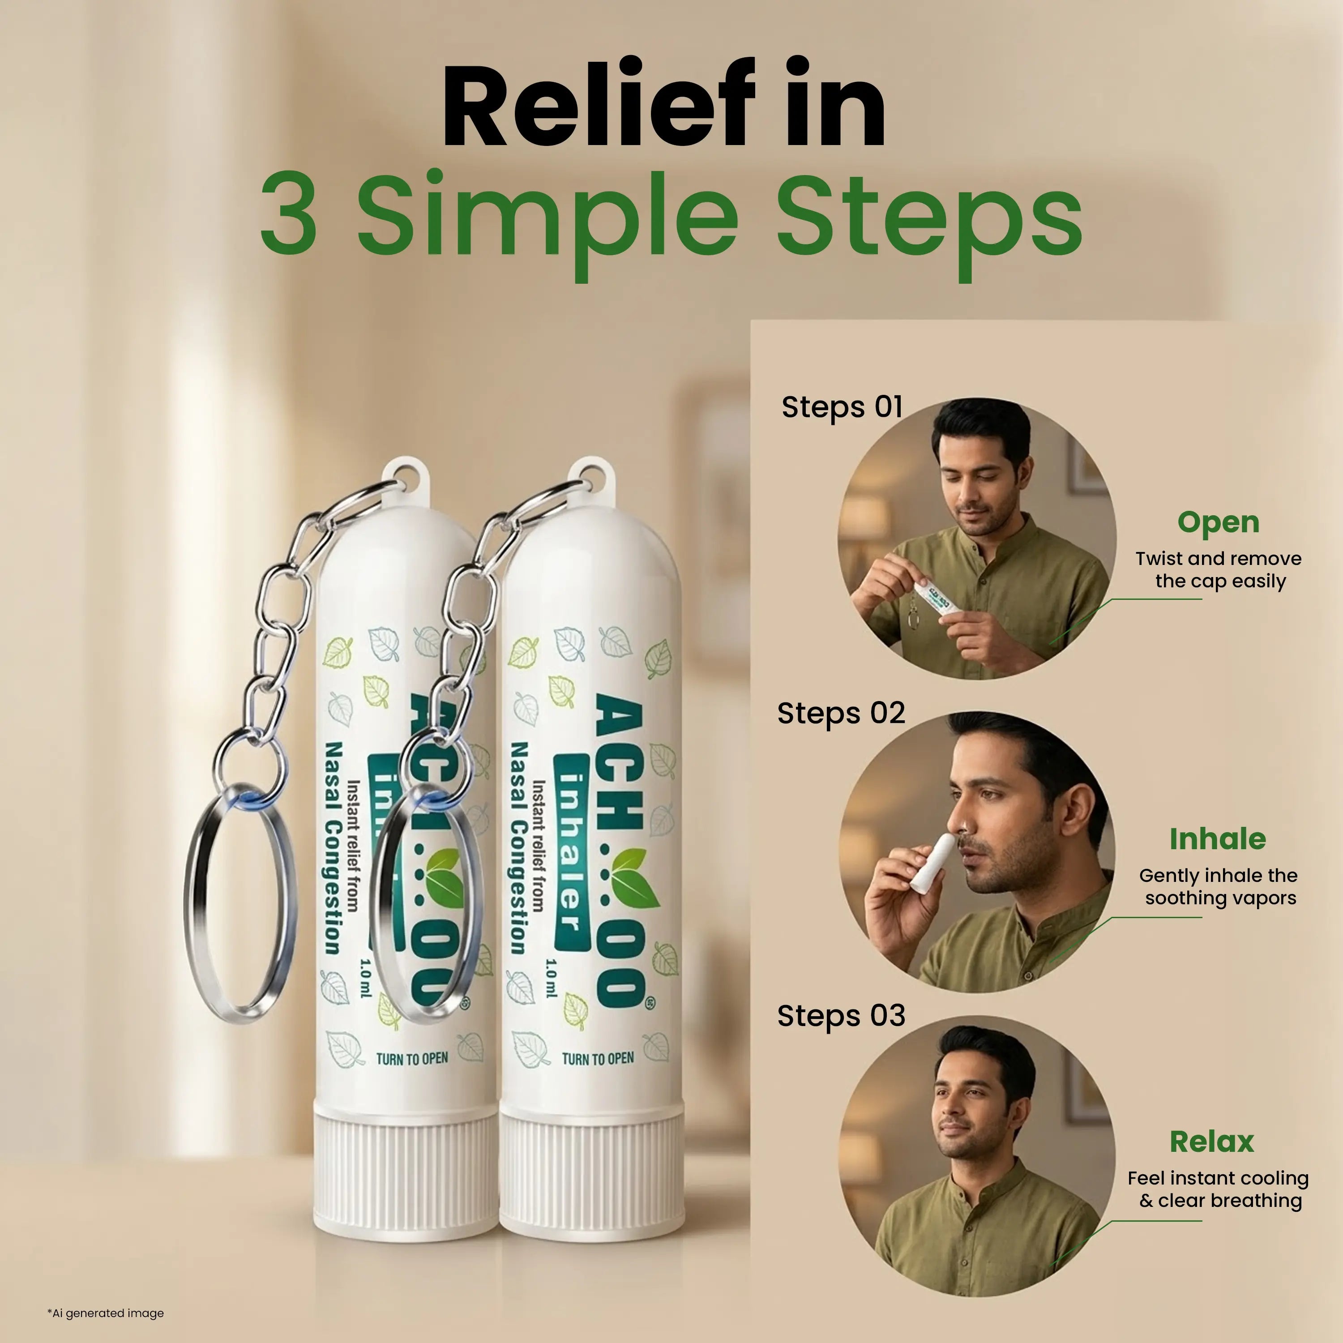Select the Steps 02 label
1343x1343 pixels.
coord(841,713)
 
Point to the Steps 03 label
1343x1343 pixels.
coord(841,1016)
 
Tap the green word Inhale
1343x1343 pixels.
coord(1217,839)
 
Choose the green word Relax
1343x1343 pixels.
coord(1212,1142)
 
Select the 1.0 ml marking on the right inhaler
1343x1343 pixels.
coord(551,978)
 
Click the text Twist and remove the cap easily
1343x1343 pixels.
coord(1218,569)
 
